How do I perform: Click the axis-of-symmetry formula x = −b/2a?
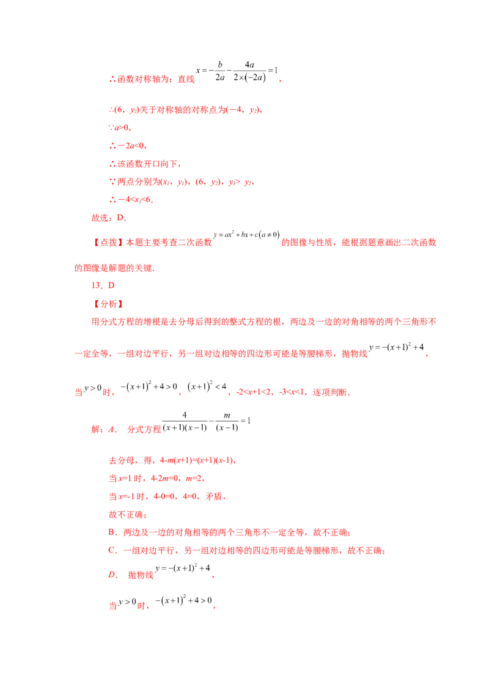click(237, 71)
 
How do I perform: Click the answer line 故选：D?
click(109, 218)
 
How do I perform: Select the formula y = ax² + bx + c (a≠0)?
click(247, 234)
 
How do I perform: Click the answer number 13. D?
click(103, 285)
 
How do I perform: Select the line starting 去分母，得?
click(172, 460)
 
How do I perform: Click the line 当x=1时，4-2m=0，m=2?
click(156, 479)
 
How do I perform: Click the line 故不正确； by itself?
click(128, 515)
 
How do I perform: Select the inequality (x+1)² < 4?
click(207, 386)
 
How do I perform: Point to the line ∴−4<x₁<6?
click(131, 199)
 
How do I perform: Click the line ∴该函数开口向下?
click(145, 164)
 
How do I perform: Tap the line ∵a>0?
click(120, 128)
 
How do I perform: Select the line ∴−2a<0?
click(128, 145)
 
